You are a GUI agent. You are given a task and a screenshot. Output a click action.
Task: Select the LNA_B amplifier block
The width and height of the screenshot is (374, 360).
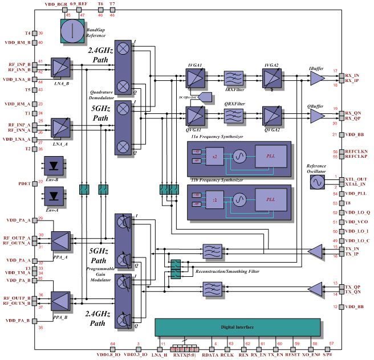click(60, 68)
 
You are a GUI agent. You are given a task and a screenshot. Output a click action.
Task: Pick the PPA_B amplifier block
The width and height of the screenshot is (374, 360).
click(61, 300)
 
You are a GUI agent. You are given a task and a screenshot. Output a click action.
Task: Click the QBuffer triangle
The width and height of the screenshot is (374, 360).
click(316, 116)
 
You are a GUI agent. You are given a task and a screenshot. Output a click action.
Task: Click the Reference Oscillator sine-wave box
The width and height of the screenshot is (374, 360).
click(318, 182)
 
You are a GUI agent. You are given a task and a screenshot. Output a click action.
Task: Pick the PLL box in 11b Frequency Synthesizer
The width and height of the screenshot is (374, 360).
click(268, 201)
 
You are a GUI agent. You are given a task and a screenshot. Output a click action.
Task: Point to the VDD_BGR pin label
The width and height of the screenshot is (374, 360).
click(55, 3)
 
